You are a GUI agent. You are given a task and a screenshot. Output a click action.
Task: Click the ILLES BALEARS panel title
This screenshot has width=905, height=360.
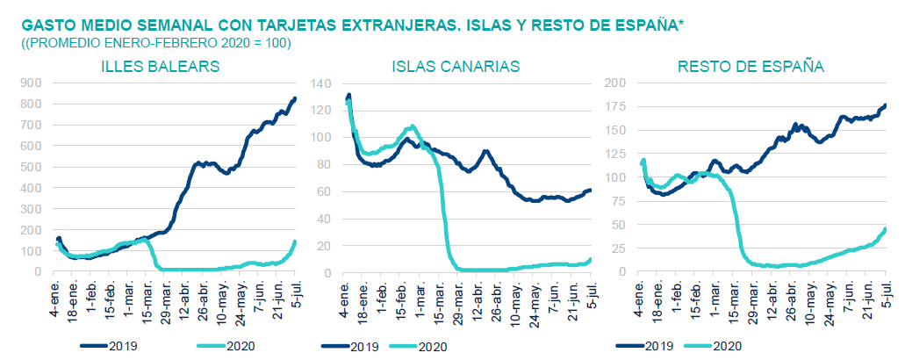click(160, 67)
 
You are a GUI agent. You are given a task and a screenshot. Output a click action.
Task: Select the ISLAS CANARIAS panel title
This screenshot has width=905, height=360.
click(456, 67)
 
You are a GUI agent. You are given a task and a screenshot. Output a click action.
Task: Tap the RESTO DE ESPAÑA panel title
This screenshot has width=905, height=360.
click(751, 67)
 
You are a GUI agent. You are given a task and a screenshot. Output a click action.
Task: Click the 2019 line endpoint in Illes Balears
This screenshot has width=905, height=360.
click(295, 98)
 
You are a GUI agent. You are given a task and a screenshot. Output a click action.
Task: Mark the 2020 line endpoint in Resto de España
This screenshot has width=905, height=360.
click(885, 229)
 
